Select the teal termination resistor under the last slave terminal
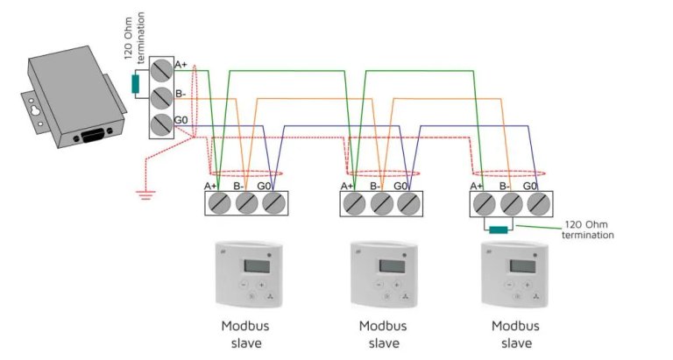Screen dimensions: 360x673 pyautogui.click(x=499, y=230)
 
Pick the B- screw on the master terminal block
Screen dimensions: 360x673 pyautogui.click(x=161, y=96)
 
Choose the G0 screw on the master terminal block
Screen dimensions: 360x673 pyautogui.click(x=161, y=123)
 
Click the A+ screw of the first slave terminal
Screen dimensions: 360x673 pyautogui.click(x=220, y=203)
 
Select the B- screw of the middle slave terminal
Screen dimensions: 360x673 pyautogui.click(x=380, y=203)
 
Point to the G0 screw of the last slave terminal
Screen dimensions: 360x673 pyautogui.click(x=537, y=203)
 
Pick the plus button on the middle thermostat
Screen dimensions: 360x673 pyautogui.click(x=395, y=284)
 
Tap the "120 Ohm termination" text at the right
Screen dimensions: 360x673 pyautogui.click(x=588, y=230)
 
